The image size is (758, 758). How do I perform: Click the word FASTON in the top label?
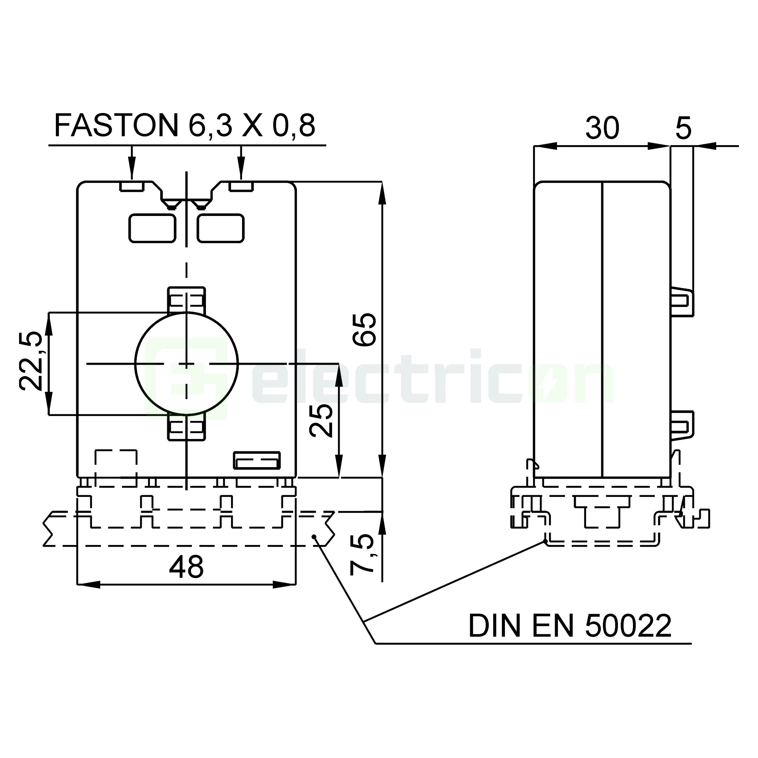116,125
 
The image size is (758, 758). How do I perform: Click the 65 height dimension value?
364,330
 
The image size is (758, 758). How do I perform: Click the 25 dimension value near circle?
321,421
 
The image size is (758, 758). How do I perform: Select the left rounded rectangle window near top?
152,228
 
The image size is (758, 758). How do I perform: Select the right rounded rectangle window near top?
220,228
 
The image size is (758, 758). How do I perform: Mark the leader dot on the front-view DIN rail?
314,536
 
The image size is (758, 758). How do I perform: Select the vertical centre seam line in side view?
602,330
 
